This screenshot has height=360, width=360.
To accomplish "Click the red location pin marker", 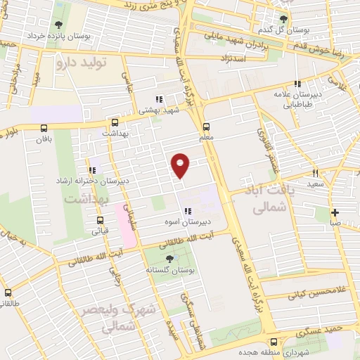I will (181, 165).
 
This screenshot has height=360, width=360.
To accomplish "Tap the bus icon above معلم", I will (206, 127).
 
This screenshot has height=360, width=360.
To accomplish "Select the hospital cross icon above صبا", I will (335, 212).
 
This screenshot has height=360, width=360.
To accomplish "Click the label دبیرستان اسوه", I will (203, 223).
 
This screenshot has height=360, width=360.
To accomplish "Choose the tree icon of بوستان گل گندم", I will (284, 19).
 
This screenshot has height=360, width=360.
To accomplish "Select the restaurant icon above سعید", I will (316, 172).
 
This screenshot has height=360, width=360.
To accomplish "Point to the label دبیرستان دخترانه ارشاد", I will (91, 181).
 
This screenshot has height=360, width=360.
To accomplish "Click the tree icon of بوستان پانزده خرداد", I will (56, 22).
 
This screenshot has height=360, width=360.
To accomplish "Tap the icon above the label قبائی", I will (96, 217).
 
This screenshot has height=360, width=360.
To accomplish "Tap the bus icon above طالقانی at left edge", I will (8, 292).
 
